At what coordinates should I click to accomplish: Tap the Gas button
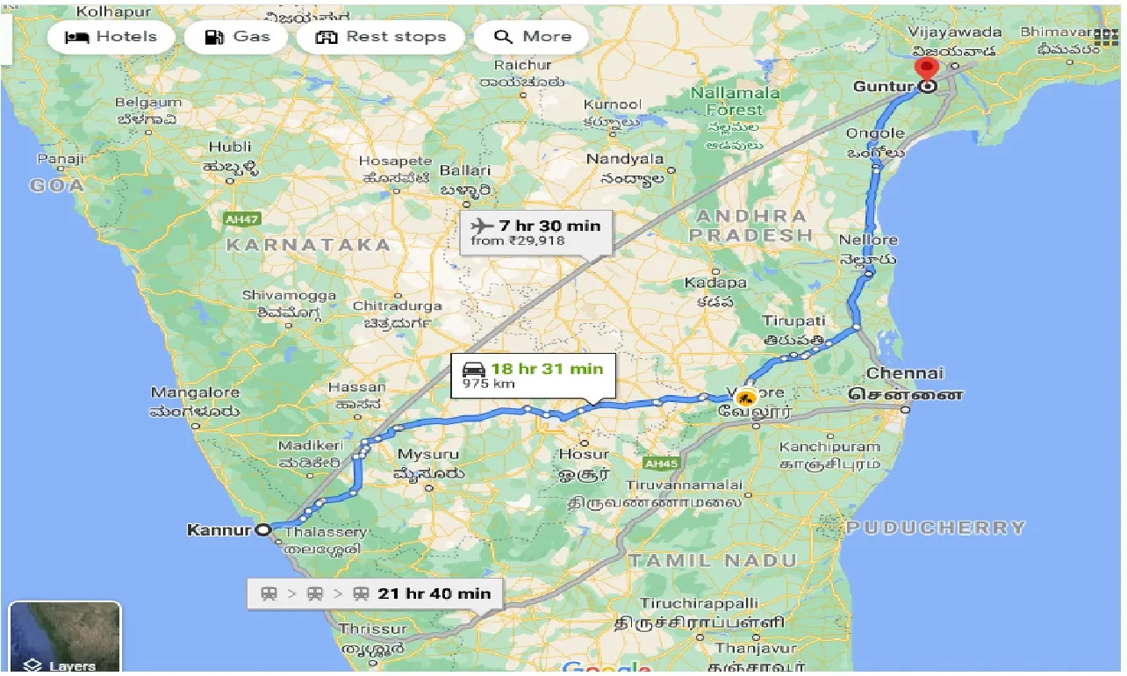(236, 37)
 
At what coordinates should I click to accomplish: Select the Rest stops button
(380, 37)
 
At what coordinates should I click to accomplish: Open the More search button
(532, 37)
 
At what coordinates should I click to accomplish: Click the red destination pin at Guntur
(925, 70)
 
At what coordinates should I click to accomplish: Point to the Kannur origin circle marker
(262, 529)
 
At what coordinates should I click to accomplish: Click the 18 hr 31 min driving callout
(533, 375)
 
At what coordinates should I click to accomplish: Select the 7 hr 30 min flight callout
(535, 232)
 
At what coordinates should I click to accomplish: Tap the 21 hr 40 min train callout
(375, 593)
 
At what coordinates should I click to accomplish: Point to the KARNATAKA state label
(308, 245)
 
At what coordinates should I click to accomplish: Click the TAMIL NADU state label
(712, 560)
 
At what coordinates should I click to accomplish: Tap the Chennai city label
(904, 374)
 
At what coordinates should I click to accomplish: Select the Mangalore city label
(195, 392)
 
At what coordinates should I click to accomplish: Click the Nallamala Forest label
(735, 101)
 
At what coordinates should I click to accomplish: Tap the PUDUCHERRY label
(936, 528)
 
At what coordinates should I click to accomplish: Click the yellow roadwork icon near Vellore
(746, 397)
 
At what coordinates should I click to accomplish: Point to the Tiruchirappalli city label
(699, 604)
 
